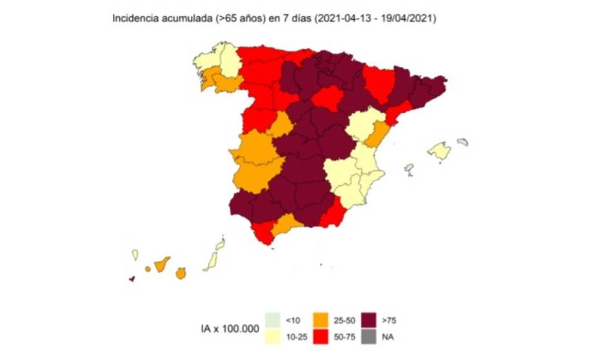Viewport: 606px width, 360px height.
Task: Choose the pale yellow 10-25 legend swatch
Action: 275,336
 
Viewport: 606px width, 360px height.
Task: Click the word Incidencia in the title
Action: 133,19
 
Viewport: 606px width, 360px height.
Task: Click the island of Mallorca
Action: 440,151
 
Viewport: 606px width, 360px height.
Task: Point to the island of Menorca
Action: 462,142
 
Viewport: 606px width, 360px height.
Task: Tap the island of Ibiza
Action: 409,169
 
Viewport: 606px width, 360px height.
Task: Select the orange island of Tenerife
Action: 162,264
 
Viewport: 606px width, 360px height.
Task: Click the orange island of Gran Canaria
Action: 181,274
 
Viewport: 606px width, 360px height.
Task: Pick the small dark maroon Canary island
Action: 132,279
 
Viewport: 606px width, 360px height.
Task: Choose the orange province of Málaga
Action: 286,225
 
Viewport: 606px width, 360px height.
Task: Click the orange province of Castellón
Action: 378,134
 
